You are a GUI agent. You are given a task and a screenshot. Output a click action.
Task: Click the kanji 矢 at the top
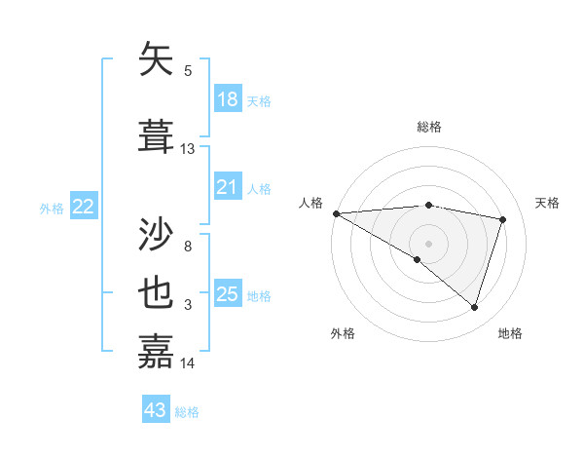pos(157,60)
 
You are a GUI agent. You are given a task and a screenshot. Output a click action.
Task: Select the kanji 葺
pos(157,135)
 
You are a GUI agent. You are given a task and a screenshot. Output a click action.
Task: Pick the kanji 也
pos(157,293)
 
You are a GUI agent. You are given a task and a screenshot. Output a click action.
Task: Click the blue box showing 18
pos(227,99)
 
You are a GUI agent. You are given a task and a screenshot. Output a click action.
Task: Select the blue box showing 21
pos(227,187)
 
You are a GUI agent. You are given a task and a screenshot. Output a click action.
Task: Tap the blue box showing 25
pos(227,294)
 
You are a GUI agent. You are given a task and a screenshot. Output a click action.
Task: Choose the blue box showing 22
pos(84,207)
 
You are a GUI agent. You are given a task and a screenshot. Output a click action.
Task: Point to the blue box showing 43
pos(156,410)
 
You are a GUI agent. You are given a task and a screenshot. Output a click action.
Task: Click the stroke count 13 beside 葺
pos(188,149)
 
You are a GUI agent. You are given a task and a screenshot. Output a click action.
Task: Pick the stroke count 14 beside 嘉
pos(188,363)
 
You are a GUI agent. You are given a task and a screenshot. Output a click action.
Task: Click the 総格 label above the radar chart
pos(429,127)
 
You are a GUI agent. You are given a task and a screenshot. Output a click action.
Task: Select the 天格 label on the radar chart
pos(548,203)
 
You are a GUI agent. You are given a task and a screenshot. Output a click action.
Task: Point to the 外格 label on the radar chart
pos(343,333)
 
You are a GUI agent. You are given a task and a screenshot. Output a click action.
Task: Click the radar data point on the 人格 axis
pos(336,213)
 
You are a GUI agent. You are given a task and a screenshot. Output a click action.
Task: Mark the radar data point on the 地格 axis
pos(474,308)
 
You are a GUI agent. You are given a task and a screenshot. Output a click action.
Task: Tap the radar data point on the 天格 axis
pos(503,219)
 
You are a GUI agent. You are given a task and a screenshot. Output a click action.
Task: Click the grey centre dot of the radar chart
pos(428,243)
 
